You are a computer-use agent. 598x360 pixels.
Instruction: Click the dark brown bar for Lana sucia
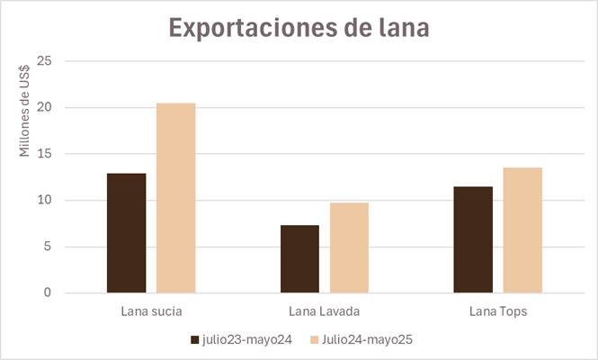click(126, 232)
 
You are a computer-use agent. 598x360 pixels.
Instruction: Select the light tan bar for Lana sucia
click(175, 198)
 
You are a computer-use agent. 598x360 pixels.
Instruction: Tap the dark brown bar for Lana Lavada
click(299, 258)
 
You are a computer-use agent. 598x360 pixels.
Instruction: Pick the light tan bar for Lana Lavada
click(349, 247)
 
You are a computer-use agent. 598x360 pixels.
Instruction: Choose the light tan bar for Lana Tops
click(522, 230)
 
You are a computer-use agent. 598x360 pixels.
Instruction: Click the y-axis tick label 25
click(45, 61)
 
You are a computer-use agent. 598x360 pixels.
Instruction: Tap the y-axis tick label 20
click(45, 108)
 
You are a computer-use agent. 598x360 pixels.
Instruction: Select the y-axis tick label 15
click(45, 154)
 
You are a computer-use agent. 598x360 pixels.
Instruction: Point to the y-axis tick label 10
click(45, 201)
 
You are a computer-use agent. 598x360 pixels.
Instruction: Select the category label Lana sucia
click(151, 312)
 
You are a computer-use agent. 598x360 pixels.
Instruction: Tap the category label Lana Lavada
click(325, 312)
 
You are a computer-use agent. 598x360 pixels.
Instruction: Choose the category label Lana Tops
click(497, 312)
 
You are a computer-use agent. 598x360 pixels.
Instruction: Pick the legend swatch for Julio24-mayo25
click(314, 340)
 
